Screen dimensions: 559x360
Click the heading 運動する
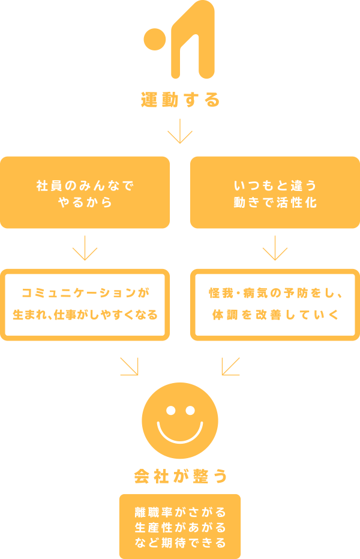coord(181,100)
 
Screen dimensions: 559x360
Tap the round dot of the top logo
coord(154,39)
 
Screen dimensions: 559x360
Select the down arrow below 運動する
coord(180,131)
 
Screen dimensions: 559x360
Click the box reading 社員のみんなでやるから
coord(85,193)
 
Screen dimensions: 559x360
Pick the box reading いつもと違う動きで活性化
coord(275,193)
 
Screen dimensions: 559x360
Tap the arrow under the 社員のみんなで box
coord(85,247)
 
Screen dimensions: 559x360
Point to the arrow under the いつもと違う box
coord(275,247)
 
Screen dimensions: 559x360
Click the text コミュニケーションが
coord(85,294)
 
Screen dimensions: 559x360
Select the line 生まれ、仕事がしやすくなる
coord(85,315)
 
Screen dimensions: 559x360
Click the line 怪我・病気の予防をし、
coord(275,294)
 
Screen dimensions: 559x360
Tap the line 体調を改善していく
coord(275,315)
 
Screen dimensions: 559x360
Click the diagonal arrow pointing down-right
coord(130,366)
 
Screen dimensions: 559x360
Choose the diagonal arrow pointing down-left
coord(230,366)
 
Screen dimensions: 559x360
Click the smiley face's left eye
coord(170,411)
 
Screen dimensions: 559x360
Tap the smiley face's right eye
coord(190,411)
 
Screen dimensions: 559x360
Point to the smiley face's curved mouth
coord(180,434)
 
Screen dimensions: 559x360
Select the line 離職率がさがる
coord(180,512)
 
